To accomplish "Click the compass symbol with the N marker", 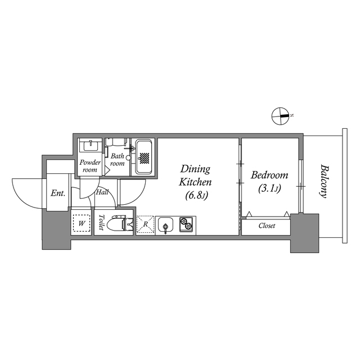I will click(x=280, y=116).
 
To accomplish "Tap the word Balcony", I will click(x=323, y=181).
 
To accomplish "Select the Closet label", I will click(x=267, y=226).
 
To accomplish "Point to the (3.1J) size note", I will click(x=269, y=189).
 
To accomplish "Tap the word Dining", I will click(x=195, y=169).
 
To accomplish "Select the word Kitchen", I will click(x=195, y=182).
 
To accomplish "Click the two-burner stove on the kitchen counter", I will click(x=187, y=224).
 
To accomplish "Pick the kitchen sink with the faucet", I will click(x=166, y=226).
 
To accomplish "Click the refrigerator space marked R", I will click(x=145, y=224).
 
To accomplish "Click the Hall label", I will click(x=102, y=192).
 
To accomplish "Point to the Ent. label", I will click(x=58, y=193).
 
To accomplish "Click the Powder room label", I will click(x=90, y=166).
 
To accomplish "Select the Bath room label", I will click(x=117, y=159).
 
